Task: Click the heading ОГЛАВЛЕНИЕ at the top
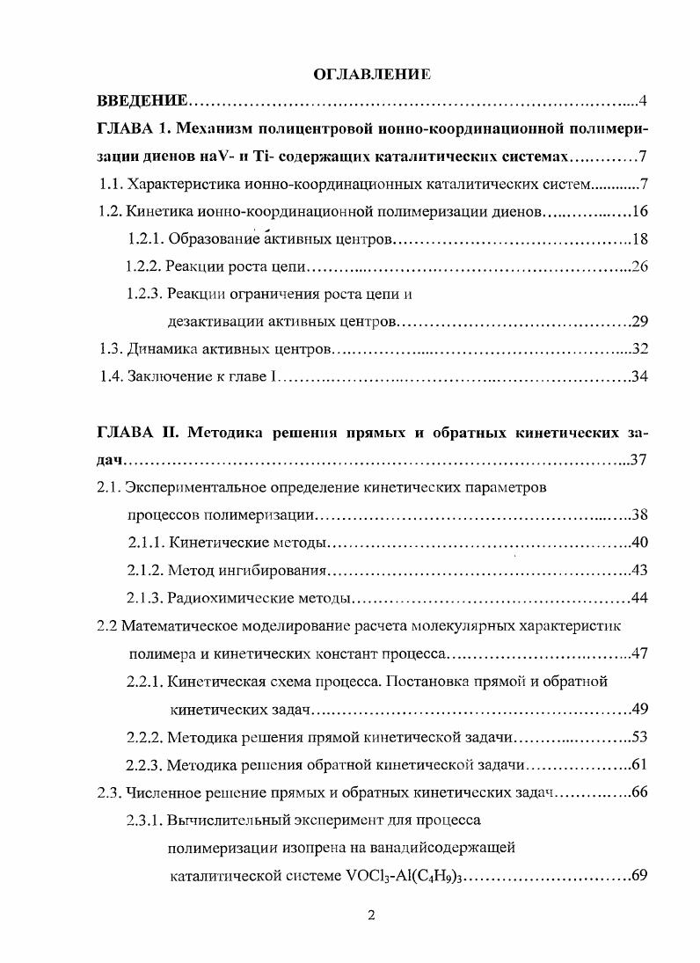[x=371, y=75]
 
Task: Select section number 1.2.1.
[x=145, y=239]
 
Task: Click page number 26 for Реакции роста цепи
[x=639, y=266]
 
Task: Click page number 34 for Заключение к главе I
[x=639, y=376]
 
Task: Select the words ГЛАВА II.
[x=135, y=434]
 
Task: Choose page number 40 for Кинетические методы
[x=639, y=543]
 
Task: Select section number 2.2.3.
[x=145, y=764]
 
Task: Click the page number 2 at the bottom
[x=370, y=916]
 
